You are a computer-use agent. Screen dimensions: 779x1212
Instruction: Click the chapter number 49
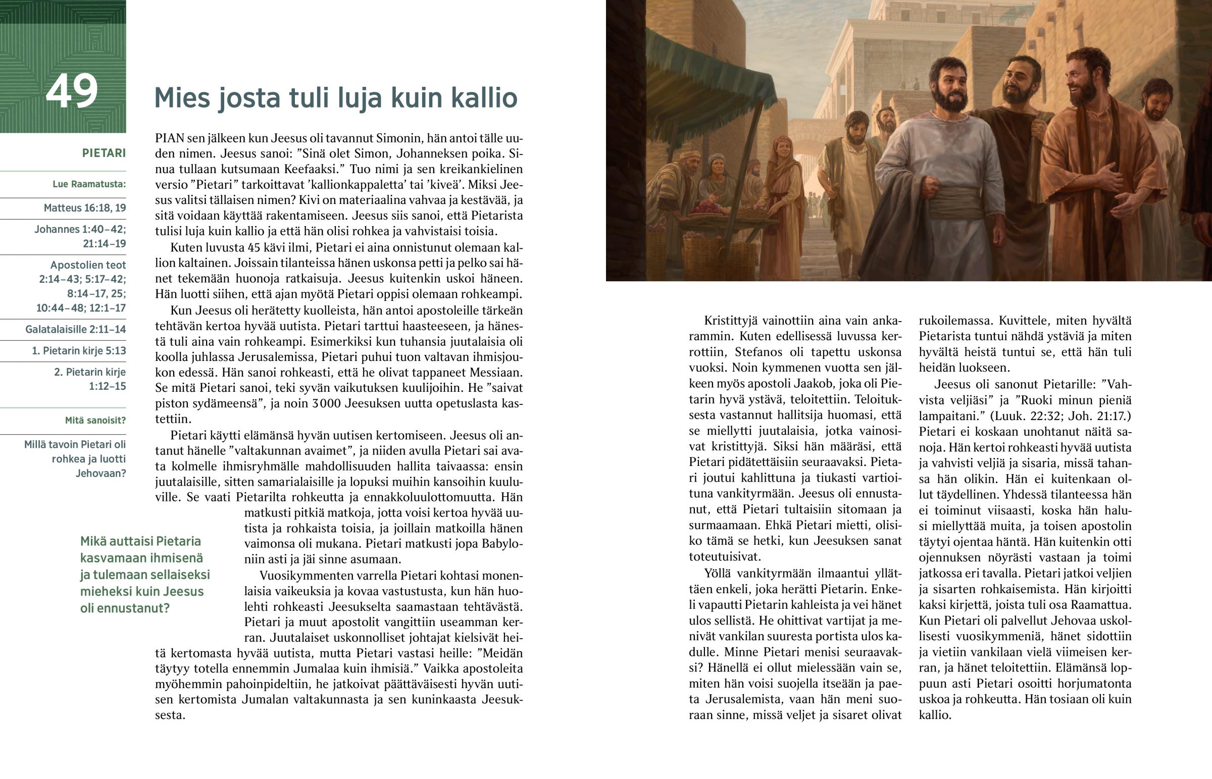coord(71,91)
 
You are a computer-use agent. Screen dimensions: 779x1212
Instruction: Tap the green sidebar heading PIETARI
coord(104,153)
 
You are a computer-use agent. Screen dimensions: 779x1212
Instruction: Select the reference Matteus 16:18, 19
coord(84,208)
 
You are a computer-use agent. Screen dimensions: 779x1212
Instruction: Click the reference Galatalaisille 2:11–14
coord(75,329)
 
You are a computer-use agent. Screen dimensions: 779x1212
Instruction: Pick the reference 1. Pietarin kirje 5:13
coord(79,350)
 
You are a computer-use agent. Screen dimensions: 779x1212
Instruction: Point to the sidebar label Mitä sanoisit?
coord(95,421)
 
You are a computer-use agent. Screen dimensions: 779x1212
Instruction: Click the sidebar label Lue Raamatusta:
coord(89,184)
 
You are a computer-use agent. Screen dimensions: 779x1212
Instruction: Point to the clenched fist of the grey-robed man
coord(929,188)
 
